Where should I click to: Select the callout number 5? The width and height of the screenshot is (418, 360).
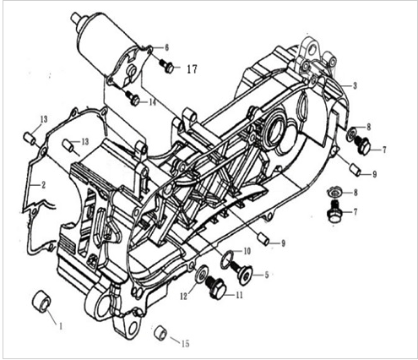267,275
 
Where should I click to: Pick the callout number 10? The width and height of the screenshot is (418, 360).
247,252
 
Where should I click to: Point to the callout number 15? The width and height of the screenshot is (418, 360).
186,342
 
